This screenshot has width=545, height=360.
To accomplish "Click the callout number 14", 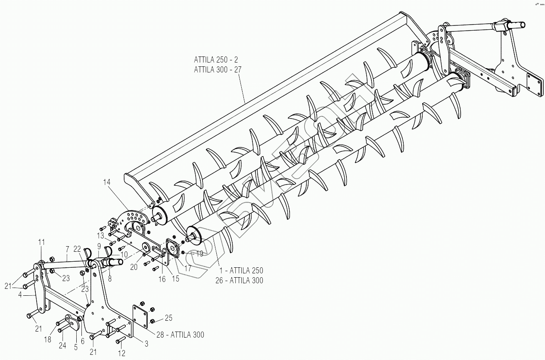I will [x=107, y=182].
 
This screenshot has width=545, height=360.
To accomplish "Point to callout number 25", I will [x=168, y=318].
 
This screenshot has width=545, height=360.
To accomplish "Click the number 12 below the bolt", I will [x=121, y=354].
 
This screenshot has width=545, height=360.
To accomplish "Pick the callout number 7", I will [x=67, y=249].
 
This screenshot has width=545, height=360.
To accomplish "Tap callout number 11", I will [x=41, y=242].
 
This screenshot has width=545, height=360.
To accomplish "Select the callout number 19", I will [x=199, y=254].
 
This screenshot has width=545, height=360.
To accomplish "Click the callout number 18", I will [x=47, y=339].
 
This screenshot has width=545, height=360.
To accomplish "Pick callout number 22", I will [x=77, y=249].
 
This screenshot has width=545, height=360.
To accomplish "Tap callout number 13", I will [x=100, y=235].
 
